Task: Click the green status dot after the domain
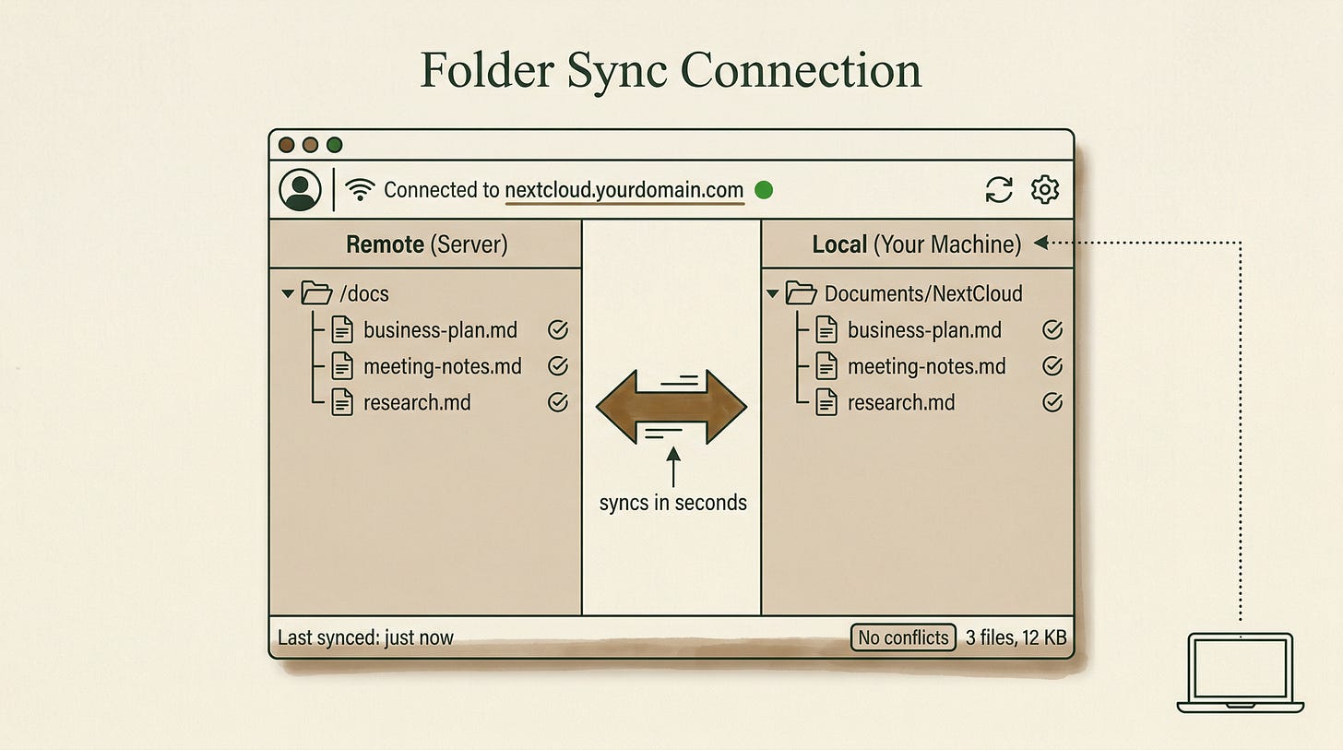[763, 190]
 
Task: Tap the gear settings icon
[1045, 189]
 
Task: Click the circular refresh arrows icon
[999, 189]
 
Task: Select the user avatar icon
[300, 189]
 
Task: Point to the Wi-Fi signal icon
[360, 189]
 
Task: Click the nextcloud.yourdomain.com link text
[624, 190]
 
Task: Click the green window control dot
[334, 145]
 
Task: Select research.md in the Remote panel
[417, 402]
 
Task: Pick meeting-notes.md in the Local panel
[926, 366]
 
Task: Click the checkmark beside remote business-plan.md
[557, 329]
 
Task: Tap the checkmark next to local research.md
[1052, 402]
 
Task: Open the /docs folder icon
[316, 293]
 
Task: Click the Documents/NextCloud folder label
[923, 293]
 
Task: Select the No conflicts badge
[903, 637]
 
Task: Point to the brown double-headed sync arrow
[671, 407]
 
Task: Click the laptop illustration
[1240, 673]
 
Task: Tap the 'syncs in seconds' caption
[672, 503]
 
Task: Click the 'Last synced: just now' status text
[365, 637]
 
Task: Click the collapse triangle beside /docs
[288, 293]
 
